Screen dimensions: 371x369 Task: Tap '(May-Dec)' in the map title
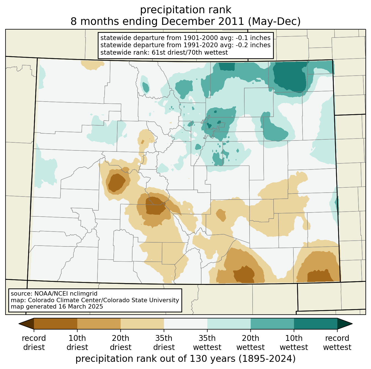[274, 22]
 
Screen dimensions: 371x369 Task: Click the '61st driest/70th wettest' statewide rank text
[190, 52]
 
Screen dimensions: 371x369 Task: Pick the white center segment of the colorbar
[185, 324]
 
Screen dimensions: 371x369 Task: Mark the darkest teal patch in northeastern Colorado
[290, 77]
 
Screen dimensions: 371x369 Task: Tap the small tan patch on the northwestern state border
[92, 65]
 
